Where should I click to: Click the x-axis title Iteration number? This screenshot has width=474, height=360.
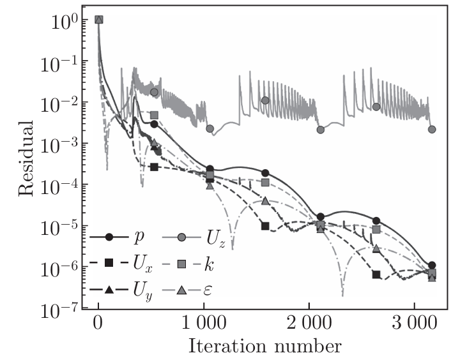(264, 347)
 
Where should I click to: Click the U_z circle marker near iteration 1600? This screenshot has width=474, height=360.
(265, 100)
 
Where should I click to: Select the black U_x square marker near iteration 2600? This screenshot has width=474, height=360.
(376, 275)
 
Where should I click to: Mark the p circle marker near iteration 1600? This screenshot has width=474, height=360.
(265, 173)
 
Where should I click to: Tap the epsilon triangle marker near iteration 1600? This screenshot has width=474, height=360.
(265, 200)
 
